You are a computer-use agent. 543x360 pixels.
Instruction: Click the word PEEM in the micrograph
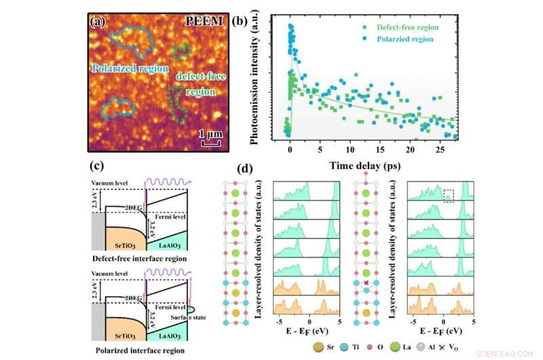(x=204, y=21)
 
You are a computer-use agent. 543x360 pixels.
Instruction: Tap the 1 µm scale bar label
(x=209, y=134)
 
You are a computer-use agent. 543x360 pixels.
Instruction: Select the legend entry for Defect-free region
(x=396, y=27)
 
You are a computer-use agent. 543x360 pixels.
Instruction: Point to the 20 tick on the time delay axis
(x=411, y=149)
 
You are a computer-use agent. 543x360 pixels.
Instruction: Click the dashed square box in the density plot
(x=449, y=196)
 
